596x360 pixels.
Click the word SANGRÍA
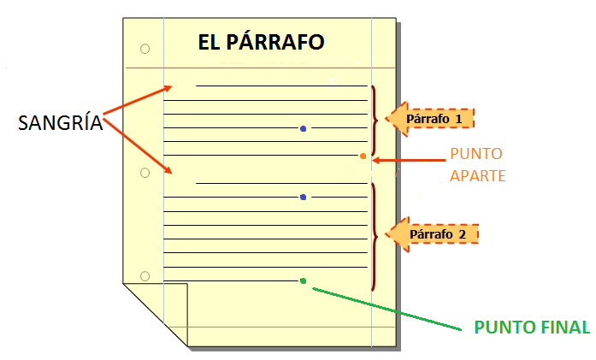pos(61,122)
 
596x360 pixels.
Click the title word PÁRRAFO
pos(275,42)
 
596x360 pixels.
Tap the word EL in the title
pos(209,42)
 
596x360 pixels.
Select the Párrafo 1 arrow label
pos(430,119)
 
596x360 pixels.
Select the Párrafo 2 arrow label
pos(432,234)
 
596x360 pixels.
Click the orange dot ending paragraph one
pos(363,156)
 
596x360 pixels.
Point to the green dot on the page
pos(303,281)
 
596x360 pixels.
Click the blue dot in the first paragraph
pos(303,129)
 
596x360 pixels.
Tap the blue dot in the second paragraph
pos(303,197)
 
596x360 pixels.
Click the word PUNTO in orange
pos(476,154)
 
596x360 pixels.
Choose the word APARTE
pos(478,176)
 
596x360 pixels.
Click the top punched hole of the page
pos(145,49)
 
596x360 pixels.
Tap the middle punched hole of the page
pos(145,173)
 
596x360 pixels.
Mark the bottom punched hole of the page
pos(145,276)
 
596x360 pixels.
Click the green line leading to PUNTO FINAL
pos(387,309)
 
